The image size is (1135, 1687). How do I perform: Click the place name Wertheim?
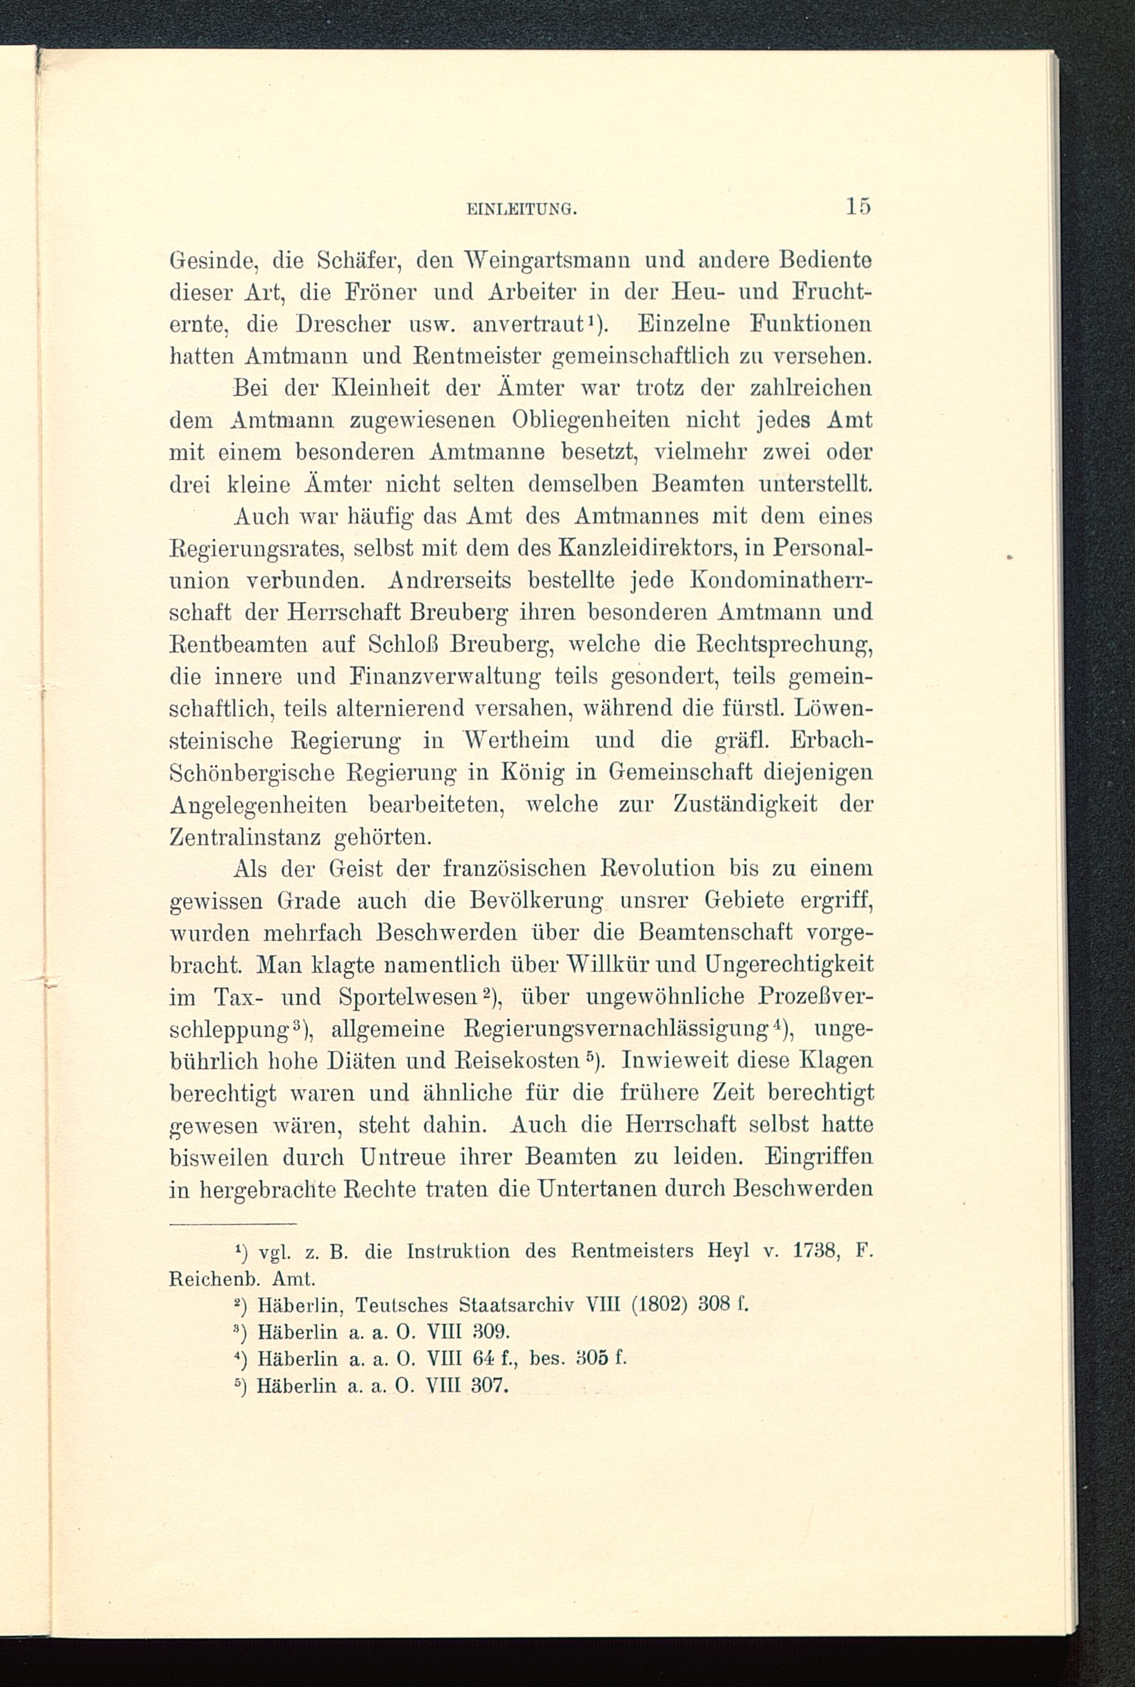(x=516, y=740)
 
